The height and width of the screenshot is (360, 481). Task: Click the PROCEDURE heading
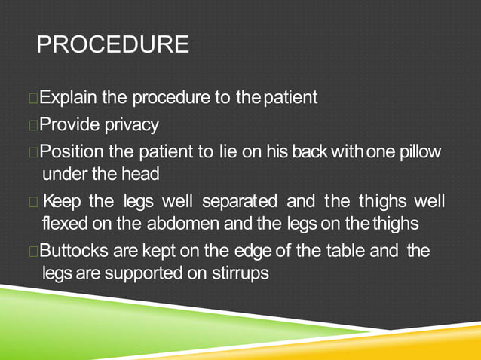click(113, 44)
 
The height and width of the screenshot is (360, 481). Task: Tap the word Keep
click(62, 202)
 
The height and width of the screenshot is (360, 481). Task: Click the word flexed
click(65, 224)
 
